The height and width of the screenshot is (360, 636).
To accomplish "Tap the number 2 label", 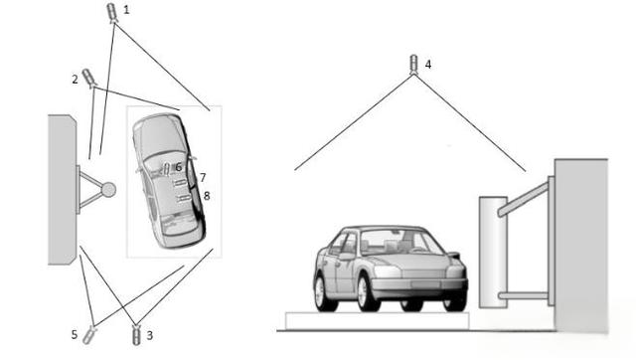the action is [x=75, y=77].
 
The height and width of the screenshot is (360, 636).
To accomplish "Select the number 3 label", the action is [x=150, y=336].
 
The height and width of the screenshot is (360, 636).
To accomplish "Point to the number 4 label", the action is [x=428, y=64].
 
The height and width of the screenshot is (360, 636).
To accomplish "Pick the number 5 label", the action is [x=75, y=335].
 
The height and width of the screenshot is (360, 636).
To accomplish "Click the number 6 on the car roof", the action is [x=179, y=167].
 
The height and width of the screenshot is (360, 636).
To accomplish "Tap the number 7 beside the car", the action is [x=202, y=177].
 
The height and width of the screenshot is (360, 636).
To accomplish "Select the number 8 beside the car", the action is [x=206, y=196].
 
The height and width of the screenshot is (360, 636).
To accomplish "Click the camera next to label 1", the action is [x=111, y=12].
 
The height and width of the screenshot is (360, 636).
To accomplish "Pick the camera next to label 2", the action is [x=88, y=77].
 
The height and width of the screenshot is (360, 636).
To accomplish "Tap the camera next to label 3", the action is [x=136, y=334].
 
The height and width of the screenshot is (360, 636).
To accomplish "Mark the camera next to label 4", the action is [x=414, y=66].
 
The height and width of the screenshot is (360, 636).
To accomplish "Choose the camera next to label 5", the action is [x=90, y=331].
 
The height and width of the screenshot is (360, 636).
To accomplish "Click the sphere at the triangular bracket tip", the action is [x=108, y=189].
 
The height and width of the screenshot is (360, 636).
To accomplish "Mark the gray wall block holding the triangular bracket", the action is [x=61, y=188].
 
